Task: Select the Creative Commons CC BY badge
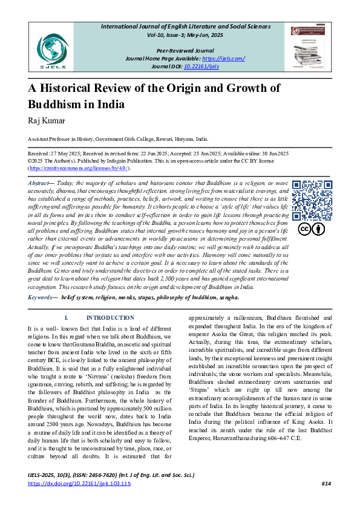(x=312, y=229)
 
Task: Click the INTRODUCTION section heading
(x=110, y=318)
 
